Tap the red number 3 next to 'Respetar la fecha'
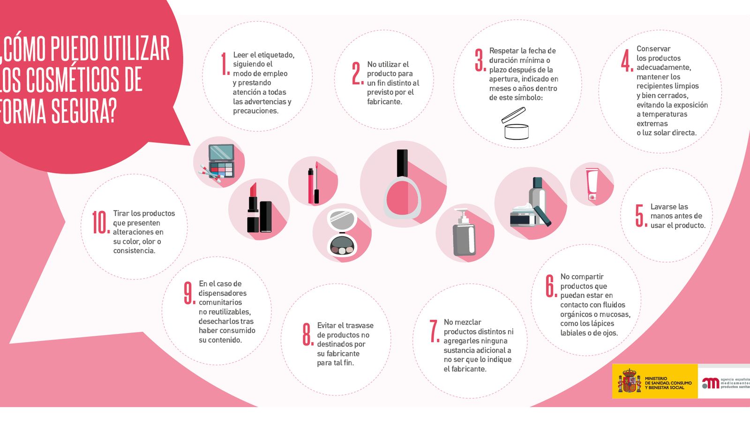(479, 60)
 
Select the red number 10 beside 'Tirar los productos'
(100, 222)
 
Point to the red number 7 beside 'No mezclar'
(434, 331)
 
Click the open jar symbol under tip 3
(516, 124)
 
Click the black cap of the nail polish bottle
(402, 162)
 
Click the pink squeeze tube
(592, 184)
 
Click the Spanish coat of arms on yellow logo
(629, 381)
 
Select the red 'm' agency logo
(711, 383)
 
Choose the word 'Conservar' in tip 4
(653, 49)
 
